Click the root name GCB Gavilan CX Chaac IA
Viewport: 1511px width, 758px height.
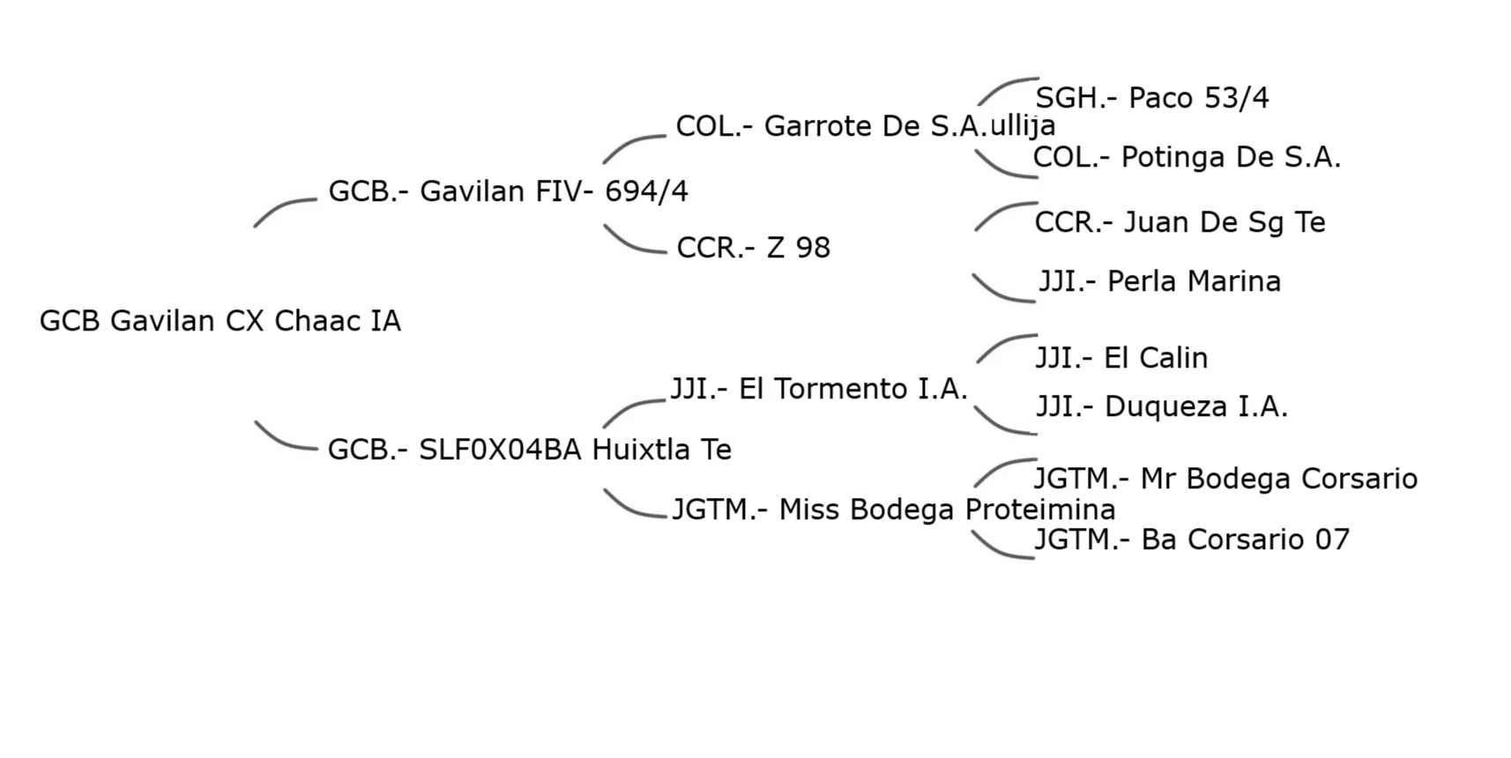(x=220, y=321)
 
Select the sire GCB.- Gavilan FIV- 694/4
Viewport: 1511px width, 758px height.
(x=508, y=191)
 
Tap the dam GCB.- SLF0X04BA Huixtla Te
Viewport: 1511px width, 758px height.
(x=529, y=450)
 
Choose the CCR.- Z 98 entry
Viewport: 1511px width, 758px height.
(x=753, y=248)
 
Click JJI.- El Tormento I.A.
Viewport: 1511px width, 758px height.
(x=818, y=389)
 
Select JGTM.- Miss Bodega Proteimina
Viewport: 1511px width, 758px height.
(x=893, y=509)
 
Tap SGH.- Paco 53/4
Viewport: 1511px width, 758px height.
(x=1151, y=98)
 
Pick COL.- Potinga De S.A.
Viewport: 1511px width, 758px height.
(x=1187, y=157)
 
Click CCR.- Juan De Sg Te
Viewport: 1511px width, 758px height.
(x=1180, y=222)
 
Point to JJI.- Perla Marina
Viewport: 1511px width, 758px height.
(x=1159, y=281)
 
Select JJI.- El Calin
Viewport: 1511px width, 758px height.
(x=1120, y=358)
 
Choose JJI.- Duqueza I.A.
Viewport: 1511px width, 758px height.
(x=1161, y=406)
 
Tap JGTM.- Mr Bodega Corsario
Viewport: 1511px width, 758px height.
(x=1225, y=479)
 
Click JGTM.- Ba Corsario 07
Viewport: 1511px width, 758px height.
(x=1191, y=539)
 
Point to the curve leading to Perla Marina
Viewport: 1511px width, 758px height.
(x=1001, y=293)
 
